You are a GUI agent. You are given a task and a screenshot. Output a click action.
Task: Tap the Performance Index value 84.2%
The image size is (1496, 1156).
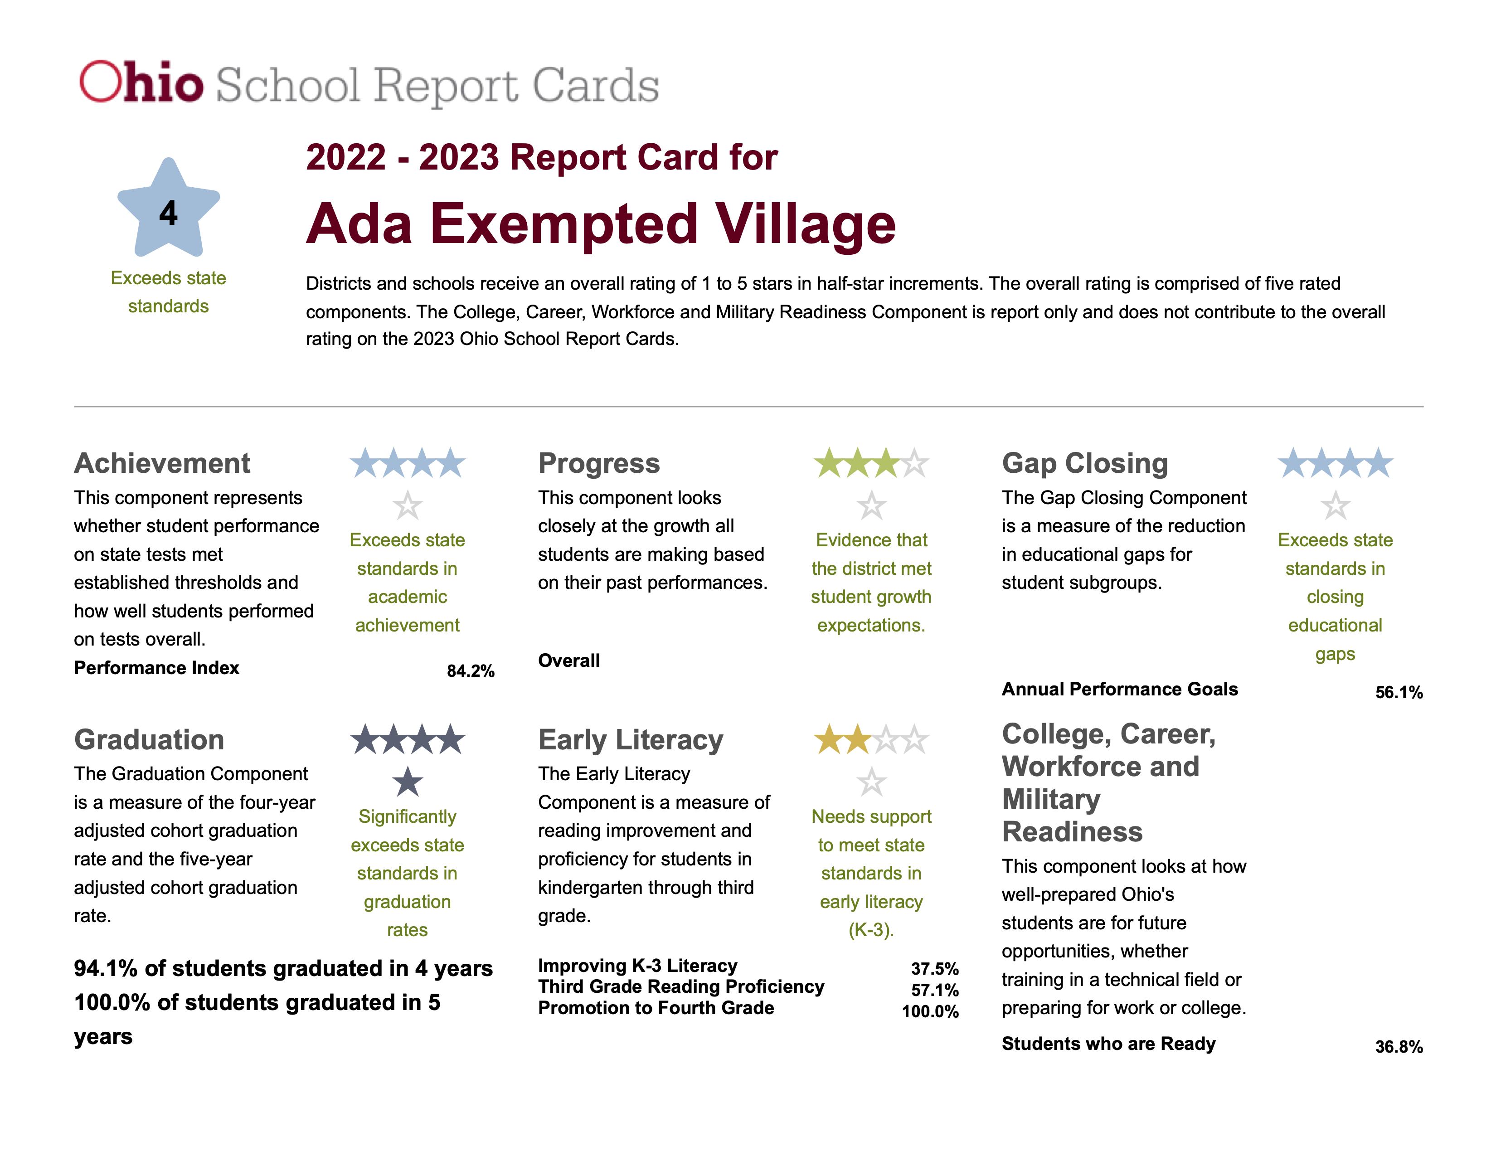tap(471, 671)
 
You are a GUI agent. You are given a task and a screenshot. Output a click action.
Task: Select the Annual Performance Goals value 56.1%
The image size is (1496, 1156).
tap(1399, 692)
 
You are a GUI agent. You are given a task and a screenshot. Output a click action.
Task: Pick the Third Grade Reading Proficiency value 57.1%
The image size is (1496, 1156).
tap(934, 990)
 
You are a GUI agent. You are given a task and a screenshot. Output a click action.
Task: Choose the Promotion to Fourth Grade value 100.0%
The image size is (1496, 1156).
tap(929, 1011)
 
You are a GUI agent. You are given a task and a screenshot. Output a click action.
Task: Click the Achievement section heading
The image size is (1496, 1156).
tap(162, 463)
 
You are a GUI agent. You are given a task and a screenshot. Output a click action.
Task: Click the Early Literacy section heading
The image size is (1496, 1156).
tap(630, 740)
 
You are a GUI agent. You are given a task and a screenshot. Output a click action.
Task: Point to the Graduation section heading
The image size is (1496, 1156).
tap(149, 740)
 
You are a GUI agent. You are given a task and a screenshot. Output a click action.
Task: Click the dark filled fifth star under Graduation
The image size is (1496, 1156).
tap(408, 782)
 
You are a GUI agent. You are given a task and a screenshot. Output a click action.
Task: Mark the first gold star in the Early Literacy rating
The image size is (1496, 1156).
tap(829, 740)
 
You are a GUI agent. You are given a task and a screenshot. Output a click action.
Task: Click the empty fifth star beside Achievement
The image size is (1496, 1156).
tap(408, 505)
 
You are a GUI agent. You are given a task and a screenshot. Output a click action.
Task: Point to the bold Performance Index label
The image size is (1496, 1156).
tap(157, 668)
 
